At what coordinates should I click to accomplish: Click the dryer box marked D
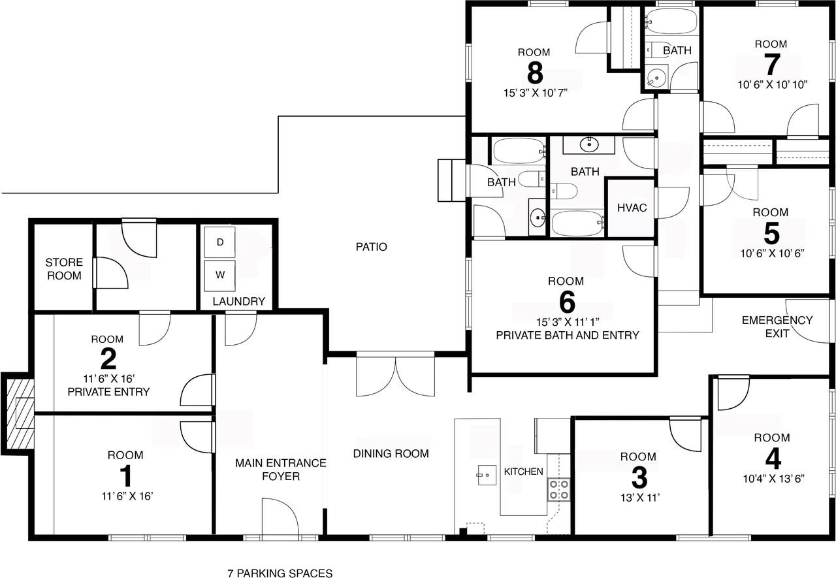[x=220, y=242]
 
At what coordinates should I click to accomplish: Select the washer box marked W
[x=220, y=276]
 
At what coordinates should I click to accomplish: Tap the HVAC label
[x=632, y=208]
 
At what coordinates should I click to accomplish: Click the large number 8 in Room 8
[x=535, y=72]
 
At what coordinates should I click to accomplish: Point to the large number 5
[x=771, y=234]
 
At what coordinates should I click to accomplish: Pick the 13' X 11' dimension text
[x=640, y=498]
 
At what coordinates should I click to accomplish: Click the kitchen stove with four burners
[x=558, y=490]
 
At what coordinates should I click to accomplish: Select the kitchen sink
[x=487, y=475]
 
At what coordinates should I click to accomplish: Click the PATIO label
[x=372, y=247]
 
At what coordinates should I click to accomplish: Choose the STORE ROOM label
[x=64, y=269]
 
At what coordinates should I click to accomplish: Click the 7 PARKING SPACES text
[x=280, y=573]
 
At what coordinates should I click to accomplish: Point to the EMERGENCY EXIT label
[x=777, y=327]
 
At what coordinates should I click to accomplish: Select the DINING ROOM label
[x=391, y=453]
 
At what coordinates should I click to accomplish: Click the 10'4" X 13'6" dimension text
[x=773, y=478]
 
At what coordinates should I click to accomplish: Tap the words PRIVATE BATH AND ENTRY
[x=568, y=335]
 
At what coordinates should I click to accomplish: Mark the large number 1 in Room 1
[x=126, y=475]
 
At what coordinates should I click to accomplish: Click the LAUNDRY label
[x=239, y=301]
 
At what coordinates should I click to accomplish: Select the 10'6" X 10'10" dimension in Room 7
[x=772, y=85]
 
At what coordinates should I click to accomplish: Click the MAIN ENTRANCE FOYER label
[x=281, y=470]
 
